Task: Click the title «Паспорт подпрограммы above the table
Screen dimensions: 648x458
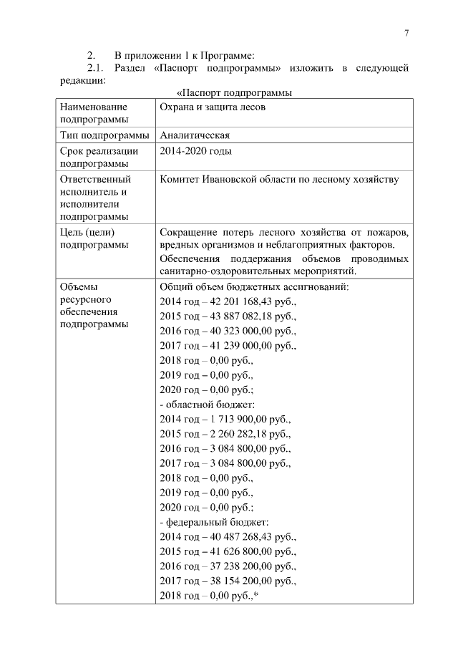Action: (234, 93)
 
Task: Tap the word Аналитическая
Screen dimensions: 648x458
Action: (194, 135)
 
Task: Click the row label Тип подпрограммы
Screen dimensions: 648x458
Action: (104, 135)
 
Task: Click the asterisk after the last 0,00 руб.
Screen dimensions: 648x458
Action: (255, 594)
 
